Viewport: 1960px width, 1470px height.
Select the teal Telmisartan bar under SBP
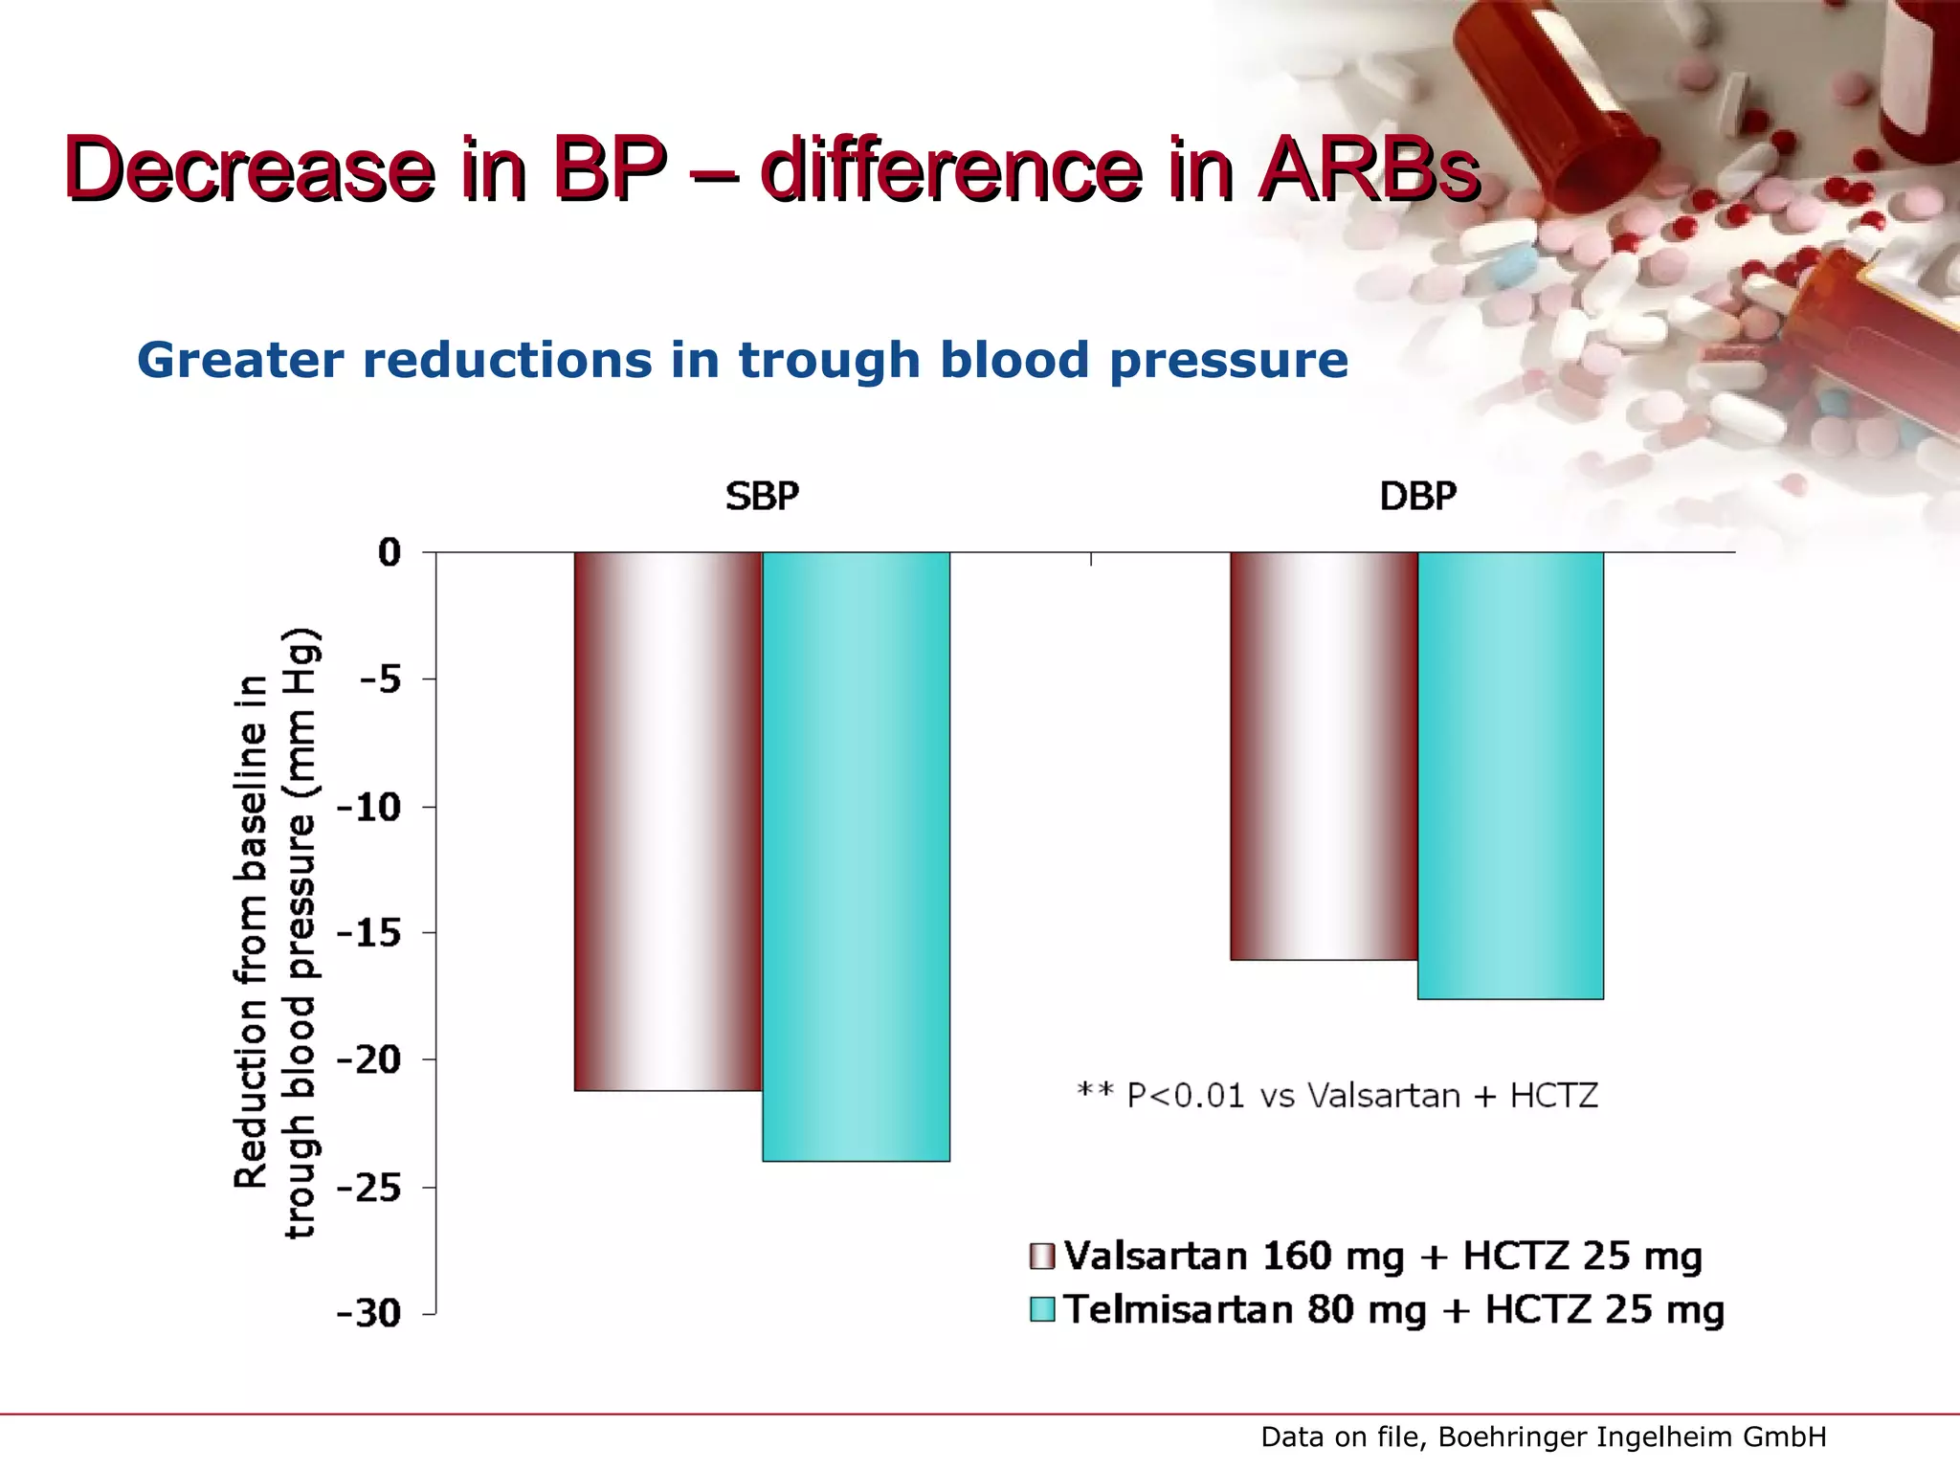(856, 857)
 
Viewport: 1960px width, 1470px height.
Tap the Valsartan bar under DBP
(1324, 756)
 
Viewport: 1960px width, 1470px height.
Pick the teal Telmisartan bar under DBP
(1510, 775)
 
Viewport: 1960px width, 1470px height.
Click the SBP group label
(762, 497)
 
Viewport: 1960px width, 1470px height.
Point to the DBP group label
(1417, 497)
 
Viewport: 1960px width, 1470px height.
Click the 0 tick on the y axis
(390, 552)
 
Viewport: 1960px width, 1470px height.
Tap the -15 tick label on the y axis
(369, 933)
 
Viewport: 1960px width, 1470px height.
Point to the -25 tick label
(369, 1189)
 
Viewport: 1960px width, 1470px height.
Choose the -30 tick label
(369, 1314)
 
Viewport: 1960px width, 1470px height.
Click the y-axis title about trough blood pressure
(278, 933)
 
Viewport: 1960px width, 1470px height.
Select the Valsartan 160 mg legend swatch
(1041, 1257)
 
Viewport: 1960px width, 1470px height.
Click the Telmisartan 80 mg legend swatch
(1041, 1309)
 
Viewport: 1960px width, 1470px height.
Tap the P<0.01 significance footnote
(1337, 1095)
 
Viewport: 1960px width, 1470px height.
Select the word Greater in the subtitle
(240, 361)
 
